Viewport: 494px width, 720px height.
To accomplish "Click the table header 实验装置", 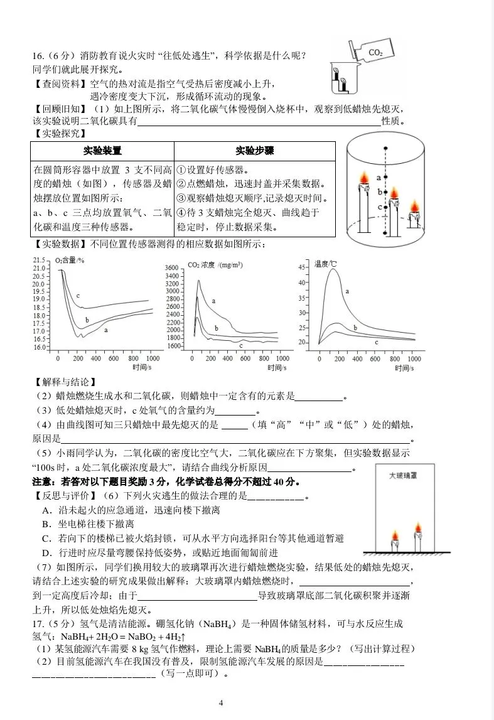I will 102,151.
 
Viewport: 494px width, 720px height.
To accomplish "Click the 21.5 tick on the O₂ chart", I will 40,260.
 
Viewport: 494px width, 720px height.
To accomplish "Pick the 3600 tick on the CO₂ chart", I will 172,268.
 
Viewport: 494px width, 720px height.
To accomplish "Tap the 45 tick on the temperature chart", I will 301,267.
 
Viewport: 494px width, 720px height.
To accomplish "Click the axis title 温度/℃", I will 326,264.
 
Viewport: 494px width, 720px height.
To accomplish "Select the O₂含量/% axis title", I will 70,260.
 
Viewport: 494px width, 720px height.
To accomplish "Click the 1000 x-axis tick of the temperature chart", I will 414,358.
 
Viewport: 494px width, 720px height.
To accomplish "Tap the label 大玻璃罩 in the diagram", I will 402,475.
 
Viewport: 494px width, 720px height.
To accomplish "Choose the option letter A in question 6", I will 45,510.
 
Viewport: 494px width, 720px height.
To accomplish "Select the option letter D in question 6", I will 45,552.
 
